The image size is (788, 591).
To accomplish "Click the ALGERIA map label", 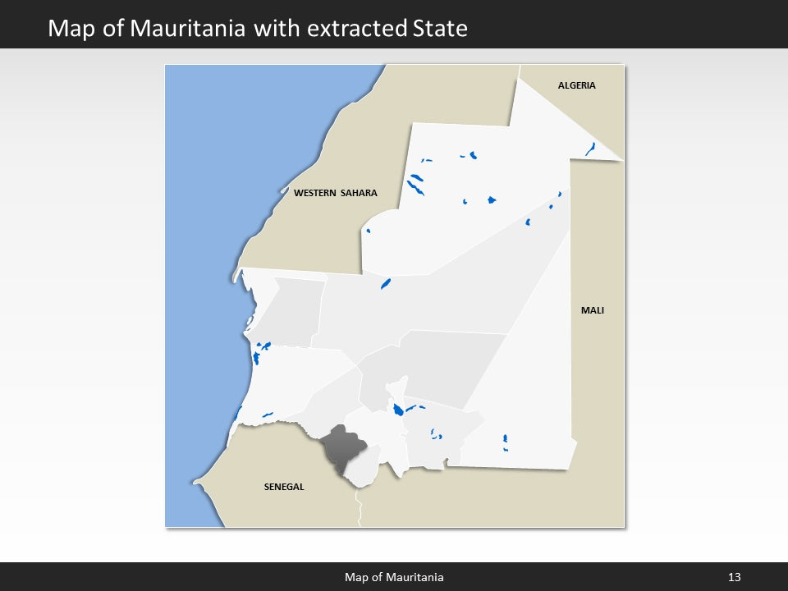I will (576, 85).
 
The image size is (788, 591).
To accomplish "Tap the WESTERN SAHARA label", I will (335, 193).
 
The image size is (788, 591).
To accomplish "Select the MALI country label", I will (592, 310).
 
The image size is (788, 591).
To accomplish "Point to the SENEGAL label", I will (284, 487).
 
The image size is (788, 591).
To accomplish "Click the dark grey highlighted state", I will (340, 447).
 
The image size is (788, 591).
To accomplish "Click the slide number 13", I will (734, 577).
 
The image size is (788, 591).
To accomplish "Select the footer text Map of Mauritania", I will (394, 577).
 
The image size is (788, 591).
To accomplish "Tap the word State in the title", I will (439, 29).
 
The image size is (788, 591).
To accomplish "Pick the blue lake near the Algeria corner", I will (589, 149).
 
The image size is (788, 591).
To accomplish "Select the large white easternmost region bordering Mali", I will (534, 386).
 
